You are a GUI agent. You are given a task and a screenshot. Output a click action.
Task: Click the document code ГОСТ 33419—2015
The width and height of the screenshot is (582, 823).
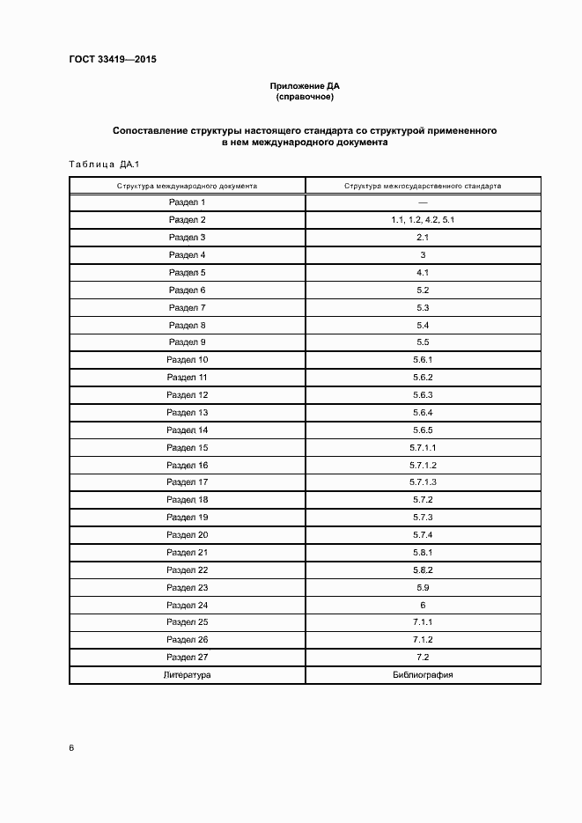click(106, 61)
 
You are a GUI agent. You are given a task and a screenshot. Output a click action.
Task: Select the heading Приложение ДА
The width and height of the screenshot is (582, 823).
click(305, 86)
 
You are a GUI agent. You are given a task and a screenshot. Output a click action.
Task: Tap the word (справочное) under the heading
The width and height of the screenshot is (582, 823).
click(305, 97)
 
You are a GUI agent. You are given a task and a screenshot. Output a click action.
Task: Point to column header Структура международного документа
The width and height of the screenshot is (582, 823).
click(188, 187)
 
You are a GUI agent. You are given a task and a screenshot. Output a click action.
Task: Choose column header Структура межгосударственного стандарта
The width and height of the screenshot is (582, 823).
click(423, 187)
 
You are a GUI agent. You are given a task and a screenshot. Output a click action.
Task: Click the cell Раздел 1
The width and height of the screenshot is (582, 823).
click(188, 202)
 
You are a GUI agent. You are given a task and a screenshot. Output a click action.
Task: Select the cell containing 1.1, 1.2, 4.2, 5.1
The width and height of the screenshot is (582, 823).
click(423, 220)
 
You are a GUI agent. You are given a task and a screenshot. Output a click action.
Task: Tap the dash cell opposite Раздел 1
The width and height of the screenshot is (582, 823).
click(423, 202)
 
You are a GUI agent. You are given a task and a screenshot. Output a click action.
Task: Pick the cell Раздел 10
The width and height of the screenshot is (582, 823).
click(188, 360)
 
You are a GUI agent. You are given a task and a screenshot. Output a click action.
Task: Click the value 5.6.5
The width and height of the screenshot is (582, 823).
click(423, 430)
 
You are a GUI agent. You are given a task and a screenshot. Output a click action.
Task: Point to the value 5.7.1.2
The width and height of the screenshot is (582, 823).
click(423, 465)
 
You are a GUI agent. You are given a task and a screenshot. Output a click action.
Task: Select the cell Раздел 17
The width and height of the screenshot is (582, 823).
click(188, 482)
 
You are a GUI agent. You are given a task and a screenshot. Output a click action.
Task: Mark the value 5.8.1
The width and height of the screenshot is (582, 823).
click(423, 553)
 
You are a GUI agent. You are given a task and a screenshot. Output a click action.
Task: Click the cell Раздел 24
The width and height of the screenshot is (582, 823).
click(188, 606)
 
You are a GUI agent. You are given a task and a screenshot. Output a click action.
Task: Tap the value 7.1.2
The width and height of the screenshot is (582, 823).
click(423, 640)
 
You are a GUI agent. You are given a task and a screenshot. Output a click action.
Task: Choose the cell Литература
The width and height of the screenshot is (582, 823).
click(188, 675)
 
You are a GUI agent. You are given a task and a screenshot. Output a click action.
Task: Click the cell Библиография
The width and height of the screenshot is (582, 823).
click(423, 675)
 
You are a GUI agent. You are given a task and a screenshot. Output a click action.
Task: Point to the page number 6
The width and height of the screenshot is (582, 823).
click(71, 747)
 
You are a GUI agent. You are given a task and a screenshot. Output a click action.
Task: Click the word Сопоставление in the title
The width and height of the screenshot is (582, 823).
click(150, 130)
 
